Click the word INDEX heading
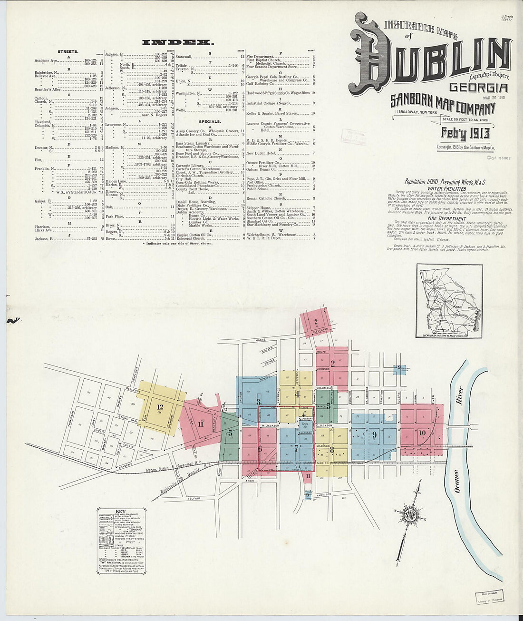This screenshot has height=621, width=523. coord(178,42)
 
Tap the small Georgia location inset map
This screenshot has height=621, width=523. coord(449,301)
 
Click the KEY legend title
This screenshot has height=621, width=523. coord(121,513)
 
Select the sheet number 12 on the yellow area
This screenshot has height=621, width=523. coord(160,407)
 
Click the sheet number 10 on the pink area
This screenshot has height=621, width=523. coord(422,433)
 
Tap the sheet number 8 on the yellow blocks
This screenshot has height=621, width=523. coord(332,450)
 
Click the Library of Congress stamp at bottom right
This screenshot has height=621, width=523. coord(489,598)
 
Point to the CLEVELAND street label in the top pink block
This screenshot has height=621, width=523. coord(320,329)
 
